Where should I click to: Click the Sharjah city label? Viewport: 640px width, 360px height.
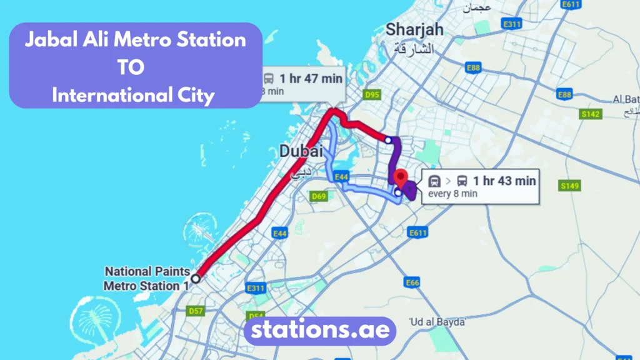(x=414, y=29)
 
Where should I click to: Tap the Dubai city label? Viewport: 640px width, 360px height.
(x=301, y=151)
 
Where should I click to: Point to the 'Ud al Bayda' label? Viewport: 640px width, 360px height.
(x=437, y=322)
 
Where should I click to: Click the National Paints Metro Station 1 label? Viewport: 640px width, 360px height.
(x=146, y=279)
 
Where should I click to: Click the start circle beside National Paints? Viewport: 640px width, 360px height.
(x=196, y=279)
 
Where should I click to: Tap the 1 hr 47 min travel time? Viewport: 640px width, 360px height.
(x=311, y=79)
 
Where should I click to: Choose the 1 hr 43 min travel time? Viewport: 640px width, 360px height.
(x=504, y=181)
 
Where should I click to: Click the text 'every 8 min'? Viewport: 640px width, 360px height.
(x=452, y=194)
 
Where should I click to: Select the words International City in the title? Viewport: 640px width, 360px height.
(x=134, y=96)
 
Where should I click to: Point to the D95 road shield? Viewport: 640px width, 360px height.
(x=372, y=95)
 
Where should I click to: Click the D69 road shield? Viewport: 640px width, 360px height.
(x=319, y=197)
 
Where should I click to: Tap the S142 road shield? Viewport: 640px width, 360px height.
(x=590, y=114)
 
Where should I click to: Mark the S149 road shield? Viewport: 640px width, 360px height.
(x=569, y=186)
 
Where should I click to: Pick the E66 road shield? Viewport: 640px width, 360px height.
(x=412, y=283)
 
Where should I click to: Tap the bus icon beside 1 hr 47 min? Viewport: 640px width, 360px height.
(x=269, y=79)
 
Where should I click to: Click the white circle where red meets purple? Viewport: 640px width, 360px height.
(x=389, y=140)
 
